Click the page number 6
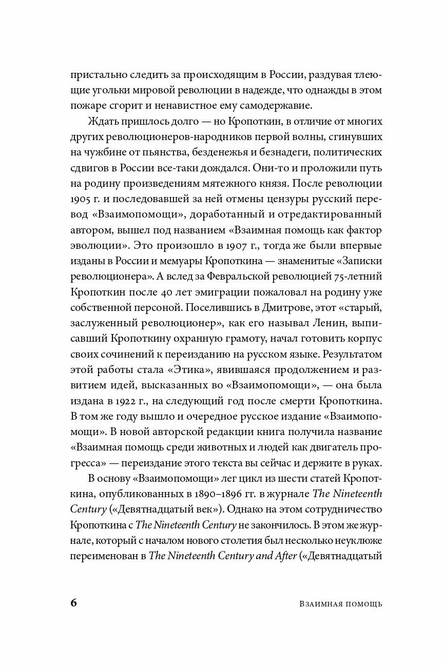pos(73,602)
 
